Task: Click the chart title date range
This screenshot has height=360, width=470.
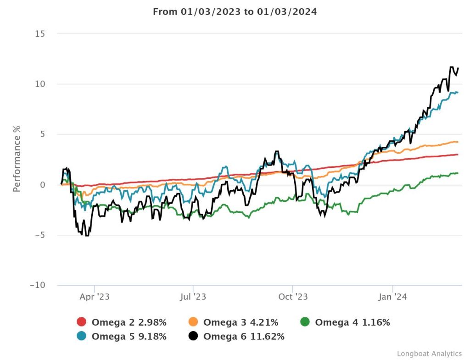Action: point(235,12)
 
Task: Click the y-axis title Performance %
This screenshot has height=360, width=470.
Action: point(17,158)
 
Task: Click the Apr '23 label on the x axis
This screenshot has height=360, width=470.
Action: point(95,297)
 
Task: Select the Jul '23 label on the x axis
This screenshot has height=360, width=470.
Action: point(193,297)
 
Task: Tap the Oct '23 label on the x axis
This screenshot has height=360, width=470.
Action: point(293,297)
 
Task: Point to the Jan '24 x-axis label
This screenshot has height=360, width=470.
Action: point(392,297)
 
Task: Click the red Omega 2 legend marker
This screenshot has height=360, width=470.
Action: point(82,322)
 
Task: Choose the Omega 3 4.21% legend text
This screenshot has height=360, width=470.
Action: point(241,322)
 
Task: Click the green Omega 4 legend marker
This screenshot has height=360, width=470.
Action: point(305,322)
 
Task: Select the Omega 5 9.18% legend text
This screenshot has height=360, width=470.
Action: point(129,336)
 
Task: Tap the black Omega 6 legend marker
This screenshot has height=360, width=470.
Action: point(193,336)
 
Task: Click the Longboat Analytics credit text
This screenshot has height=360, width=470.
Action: point(429,353)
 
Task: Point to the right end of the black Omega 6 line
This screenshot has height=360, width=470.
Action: point(458,68)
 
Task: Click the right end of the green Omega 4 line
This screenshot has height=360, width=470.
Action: point(458,173)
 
